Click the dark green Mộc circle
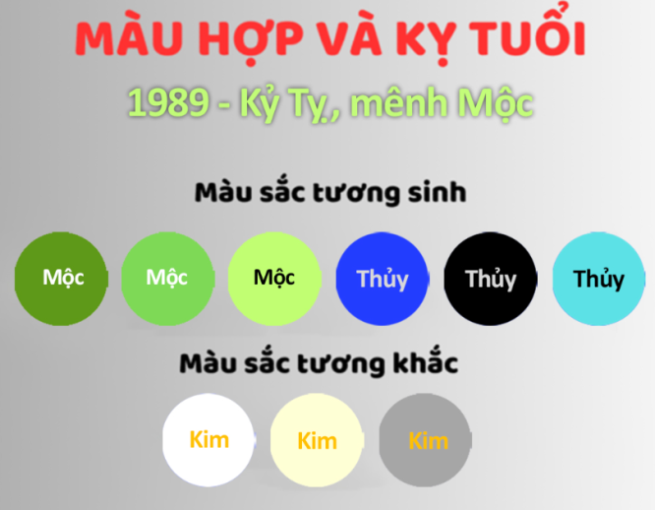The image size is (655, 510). (62, 278)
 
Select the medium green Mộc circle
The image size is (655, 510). (167, 278)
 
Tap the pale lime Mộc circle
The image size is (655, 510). (274, 278)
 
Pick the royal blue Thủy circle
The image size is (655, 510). (383, 279)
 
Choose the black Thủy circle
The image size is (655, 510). (490, 279)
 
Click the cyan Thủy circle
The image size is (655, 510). (598, 279)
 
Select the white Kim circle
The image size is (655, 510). (208, 439)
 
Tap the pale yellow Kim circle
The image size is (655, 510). (317, 440)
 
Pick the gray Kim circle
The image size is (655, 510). (426, 440)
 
